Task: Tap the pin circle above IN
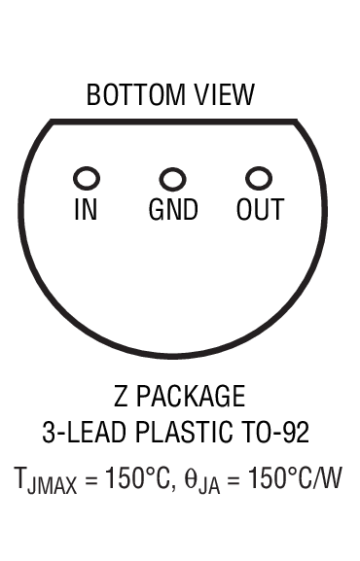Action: pos(87,179)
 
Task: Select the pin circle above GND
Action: pos(172,179)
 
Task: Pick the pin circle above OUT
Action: pos(258,179)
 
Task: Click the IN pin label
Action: pos(87,210)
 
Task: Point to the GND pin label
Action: pos(173,210)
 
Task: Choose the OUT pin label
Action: pos(260,210)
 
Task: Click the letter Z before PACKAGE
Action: pos(121,397)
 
